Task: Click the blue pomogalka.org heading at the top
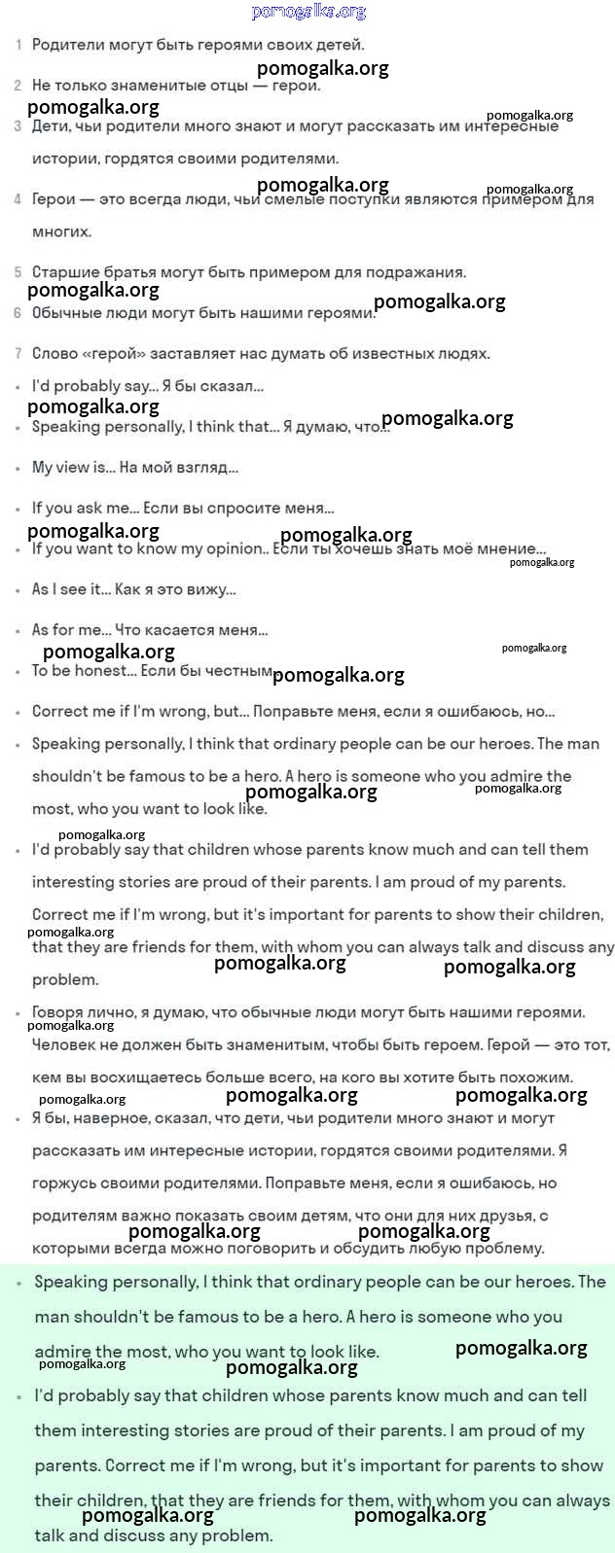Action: (308, 12)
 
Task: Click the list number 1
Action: (18, 45)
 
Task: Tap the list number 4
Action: (18, 199)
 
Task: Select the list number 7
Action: (18, 354)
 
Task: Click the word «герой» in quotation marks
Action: (117, 354)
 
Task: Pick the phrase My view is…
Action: (73, 468)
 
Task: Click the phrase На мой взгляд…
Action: (179, 468)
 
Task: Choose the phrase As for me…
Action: (71, 630)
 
